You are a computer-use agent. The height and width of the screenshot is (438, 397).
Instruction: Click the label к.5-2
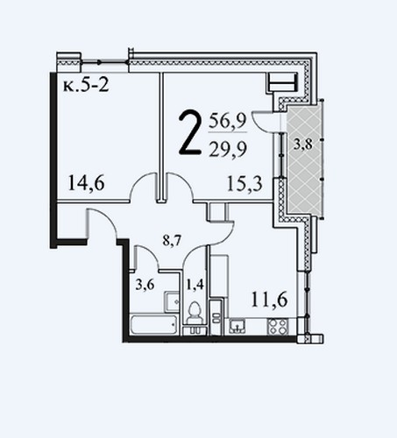[86, 86]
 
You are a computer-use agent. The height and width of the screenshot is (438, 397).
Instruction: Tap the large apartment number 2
[190, 132]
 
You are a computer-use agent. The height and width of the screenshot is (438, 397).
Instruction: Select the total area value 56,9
[228, 122]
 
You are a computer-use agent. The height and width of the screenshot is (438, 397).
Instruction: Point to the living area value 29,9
[228, 149]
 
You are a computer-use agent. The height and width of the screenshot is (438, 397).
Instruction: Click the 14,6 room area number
[86, 183]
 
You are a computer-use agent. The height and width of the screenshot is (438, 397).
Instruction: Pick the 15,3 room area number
[245, 183]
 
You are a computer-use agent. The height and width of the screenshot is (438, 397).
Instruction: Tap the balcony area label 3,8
[303, 145]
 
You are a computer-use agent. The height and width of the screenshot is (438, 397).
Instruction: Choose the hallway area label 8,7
[173, 241]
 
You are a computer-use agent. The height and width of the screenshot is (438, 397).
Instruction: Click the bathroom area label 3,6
[145, 284]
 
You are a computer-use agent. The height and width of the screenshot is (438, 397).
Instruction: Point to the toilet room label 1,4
[195, 284]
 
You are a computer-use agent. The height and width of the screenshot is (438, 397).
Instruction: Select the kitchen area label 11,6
[269, 300]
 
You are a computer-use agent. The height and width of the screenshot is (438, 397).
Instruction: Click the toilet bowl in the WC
[195, 313]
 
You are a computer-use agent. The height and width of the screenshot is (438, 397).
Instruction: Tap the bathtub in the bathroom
[153, 324]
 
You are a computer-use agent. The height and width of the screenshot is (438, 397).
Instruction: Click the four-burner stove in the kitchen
[278, 327]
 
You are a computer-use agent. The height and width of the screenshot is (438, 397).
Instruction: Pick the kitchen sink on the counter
[237, 326]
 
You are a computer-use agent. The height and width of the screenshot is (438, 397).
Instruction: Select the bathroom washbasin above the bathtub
[172, 301]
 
